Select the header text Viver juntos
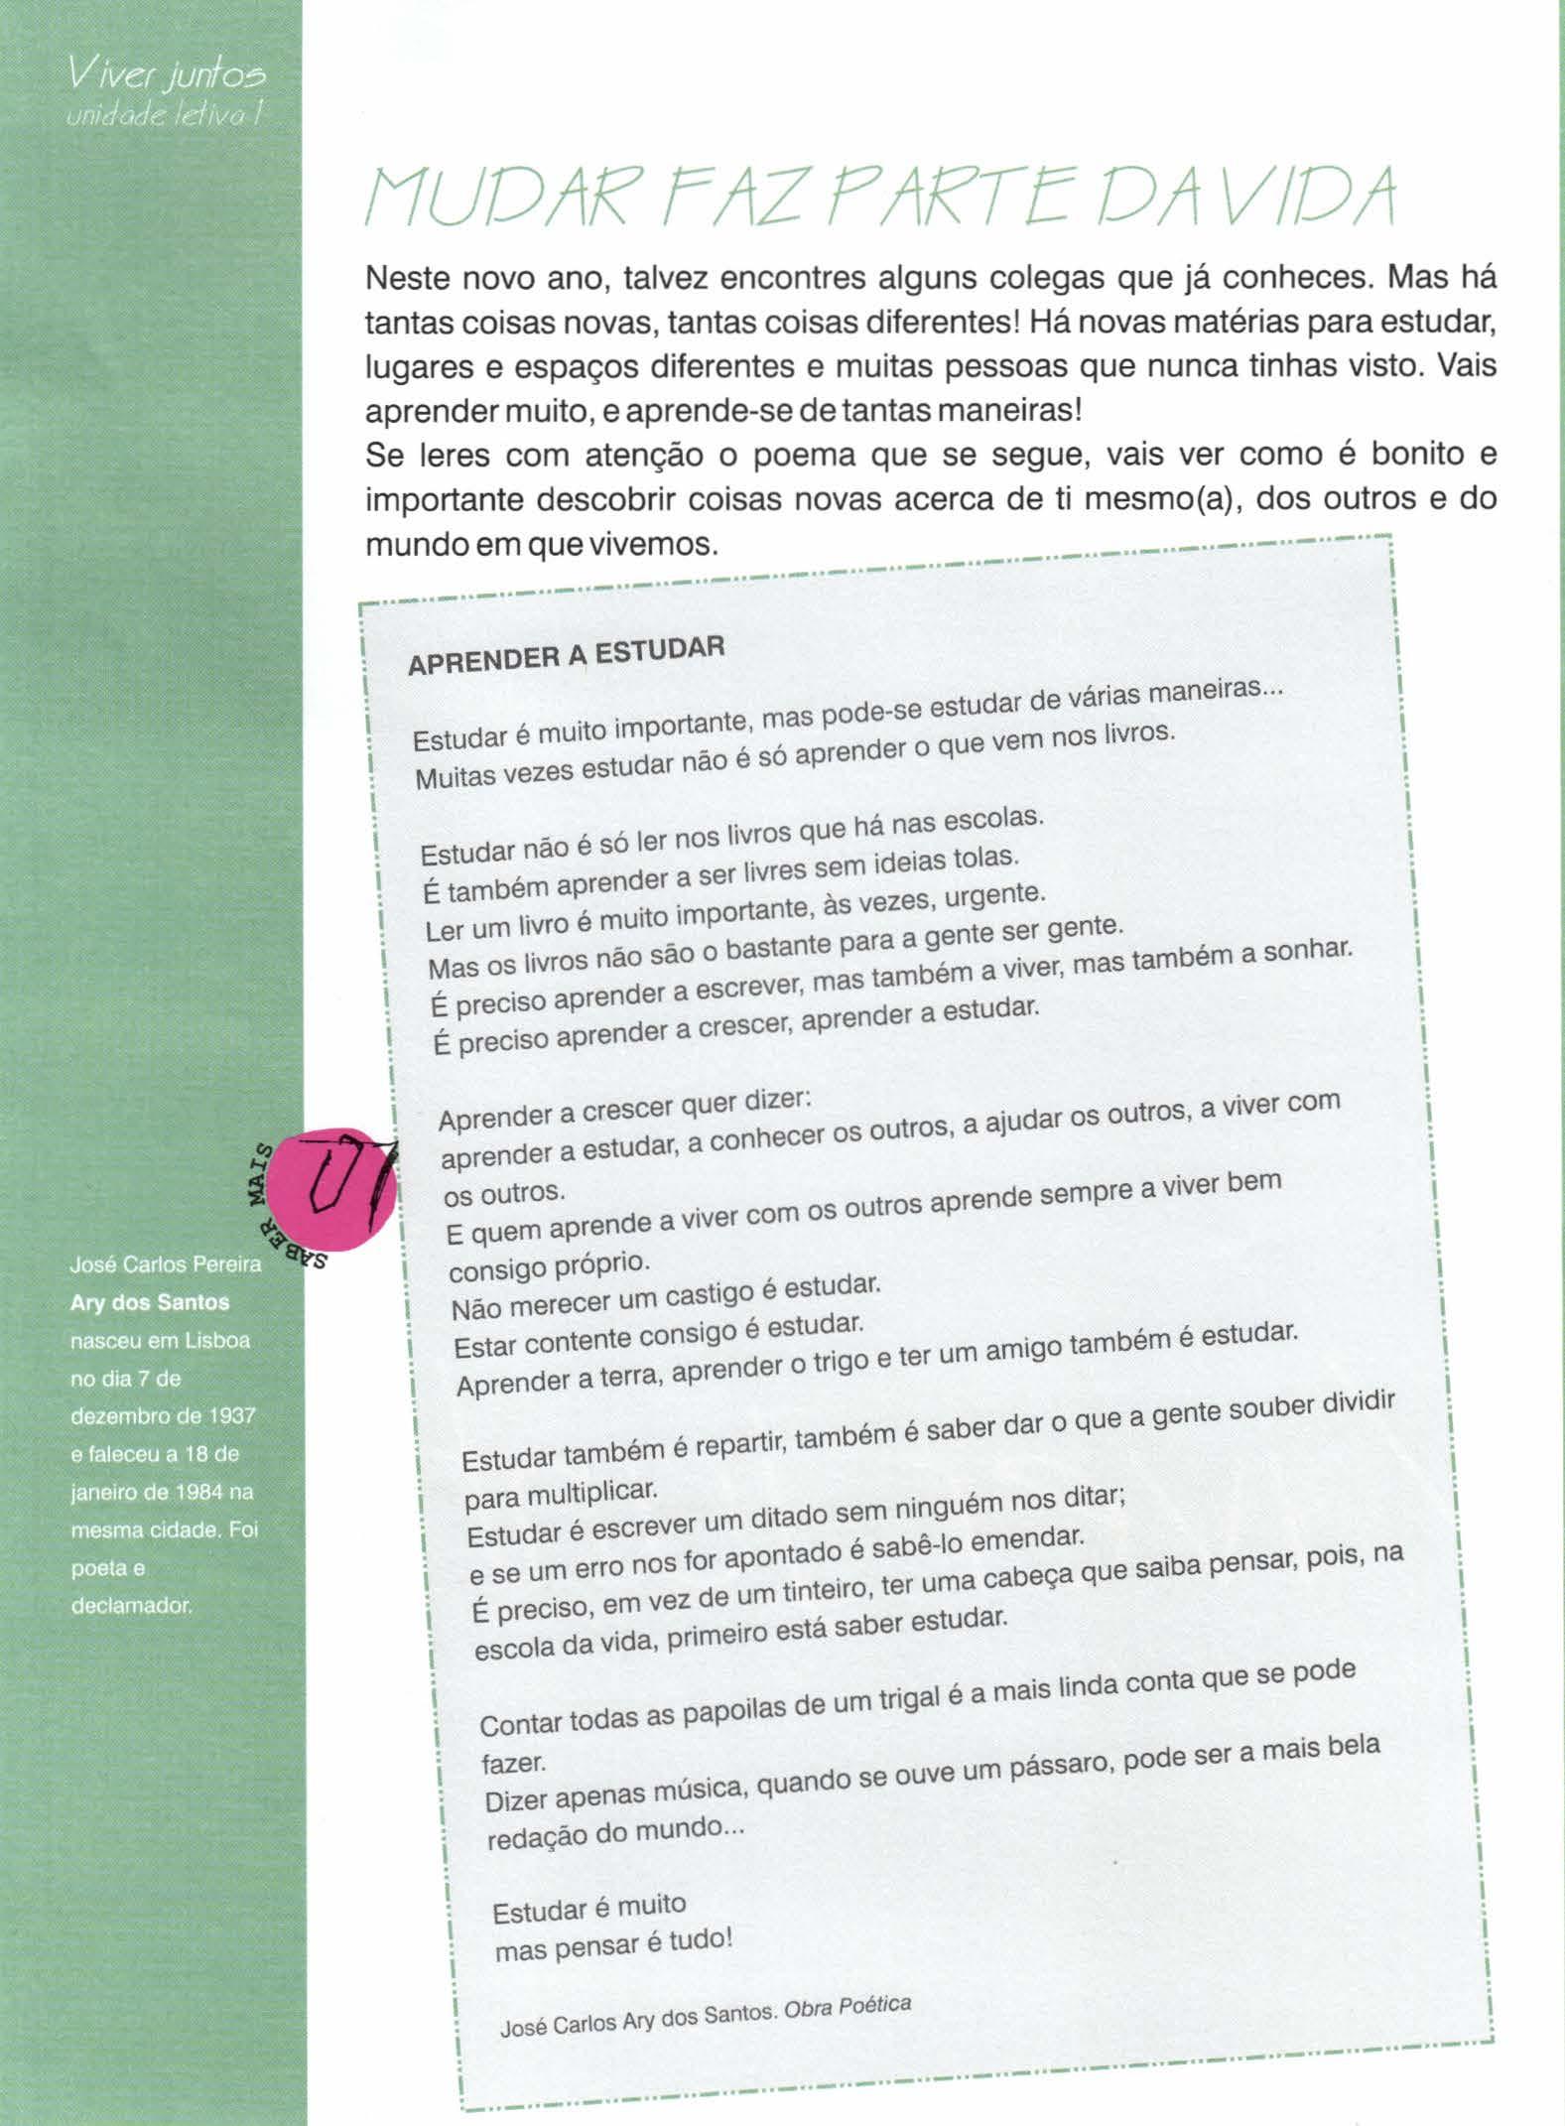(x=166, y=74)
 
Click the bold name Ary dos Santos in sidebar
(x=149, y=1302)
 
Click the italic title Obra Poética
(x=847, y=2006)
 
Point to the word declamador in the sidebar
(x=130, y=1605)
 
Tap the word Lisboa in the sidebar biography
(x=217, y=1340)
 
